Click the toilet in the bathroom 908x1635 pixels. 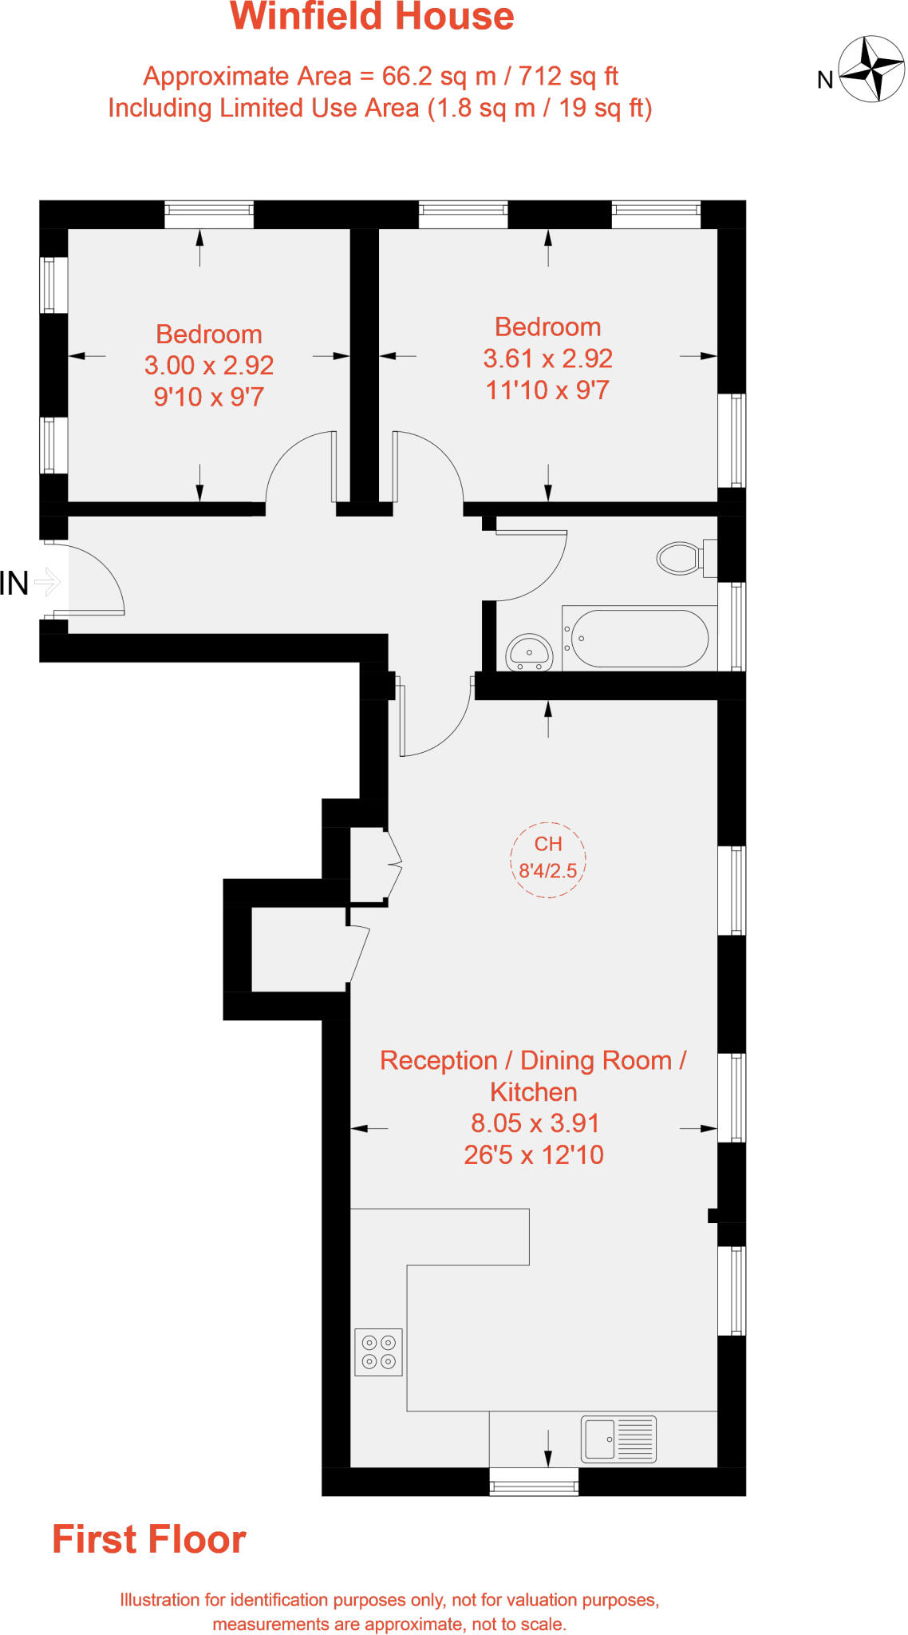[680, 558]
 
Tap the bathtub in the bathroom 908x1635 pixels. [639, 639]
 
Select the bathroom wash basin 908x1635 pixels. [529, 651]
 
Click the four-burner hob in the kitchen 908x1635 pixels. [378, 1352]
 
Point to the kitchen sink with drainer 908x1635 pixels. [618, 1439]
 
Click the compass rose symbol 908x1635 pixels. [872, 69]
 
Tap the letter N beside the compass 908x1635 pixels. [825, 80]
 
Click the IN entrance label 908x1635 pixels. [14, 584]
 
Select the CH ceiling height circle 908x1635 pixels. [548, 859]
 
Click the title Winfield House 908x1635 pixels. [372, 17]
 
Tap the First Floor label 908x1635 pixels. [149, 1539]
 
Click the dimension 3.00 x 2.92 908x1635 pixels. [209, 366]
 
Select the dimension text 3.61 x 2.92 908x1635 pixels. [548, 358]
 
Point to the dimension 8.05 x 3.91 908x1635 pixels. [535, 1123]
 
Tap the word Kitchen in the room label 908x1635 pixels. [534, 1092]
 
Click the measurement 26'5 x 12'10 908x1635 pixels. [534, 1155]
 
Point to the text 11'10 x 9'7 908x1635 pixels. [548, 390]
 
